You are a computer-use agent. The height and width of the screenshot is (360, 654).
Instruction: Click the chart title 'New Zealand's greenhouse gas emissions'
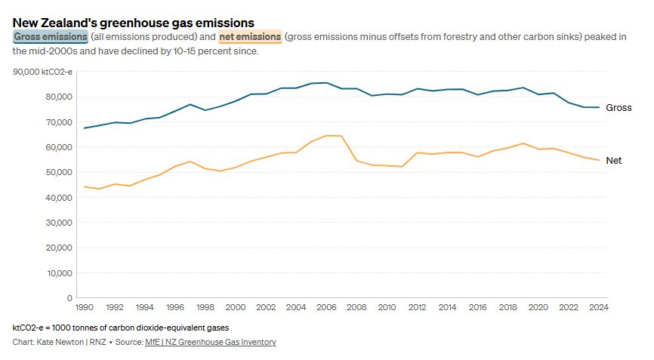tap(134, 23)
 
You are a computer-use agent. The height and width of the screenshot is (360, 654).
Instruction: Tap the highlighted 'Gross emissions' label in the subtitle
tap(51, 37)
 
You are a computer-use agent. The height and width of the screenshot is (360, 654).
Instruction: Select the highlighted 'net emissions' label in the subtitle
tap(250, 37)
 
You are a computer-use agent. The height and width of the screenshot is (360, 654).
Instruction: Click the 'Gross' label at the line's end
tap(619, 107)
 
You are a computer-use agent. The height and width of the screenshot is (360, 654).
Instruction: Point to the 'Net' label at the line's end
tap(613, 161)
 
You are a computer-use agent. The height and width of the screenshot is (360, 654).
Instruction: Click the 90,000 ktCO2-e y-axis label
tap(42, 72)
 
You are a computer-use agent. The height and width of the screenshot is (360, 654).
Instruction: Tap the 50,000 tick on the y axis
tap(59, 172)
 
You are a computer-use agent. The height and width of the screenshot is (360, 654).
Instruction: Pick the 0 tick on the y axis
tap(69, 298)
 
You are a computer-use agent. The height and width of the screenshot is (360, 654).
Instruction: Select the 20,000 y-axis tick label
tap(59, 248)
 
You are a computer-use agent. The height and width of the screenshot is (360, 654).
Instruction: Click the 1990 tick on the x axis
tap(85, 307)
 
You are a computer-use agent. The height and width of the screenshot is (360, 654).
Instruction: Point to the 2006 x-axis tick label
tap(326, 307)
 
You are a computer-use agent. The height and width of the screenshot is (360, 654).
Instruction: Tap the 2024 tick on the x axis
tap(599, 307)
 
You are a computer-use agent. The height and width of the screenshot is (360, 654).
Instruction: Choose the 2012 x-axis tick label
tap(417, 307)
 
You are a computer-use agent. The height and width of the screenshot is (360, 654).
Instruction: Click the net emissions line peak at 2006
tap(326, 135)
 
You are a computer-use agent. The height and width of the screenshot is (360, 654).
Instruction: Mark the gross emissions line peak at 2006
tap(326, 82)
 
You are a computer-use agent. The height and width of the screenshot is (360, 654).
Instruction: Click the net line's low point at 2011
tap(402, 167)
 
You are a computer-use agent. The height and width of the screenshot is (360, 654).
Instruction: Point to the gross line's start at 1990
tap(85, 128)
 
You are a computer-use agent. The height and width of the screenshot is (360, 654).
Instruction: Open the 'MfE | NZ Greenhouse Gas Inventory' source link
tap(211, 342)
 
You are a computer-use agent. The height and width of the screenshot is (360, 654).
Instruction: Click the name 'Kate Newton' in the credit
tap(60, 342)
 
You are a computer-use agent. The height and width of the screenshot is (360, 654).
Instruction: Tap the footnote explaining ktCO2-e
tap(121, 328)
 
